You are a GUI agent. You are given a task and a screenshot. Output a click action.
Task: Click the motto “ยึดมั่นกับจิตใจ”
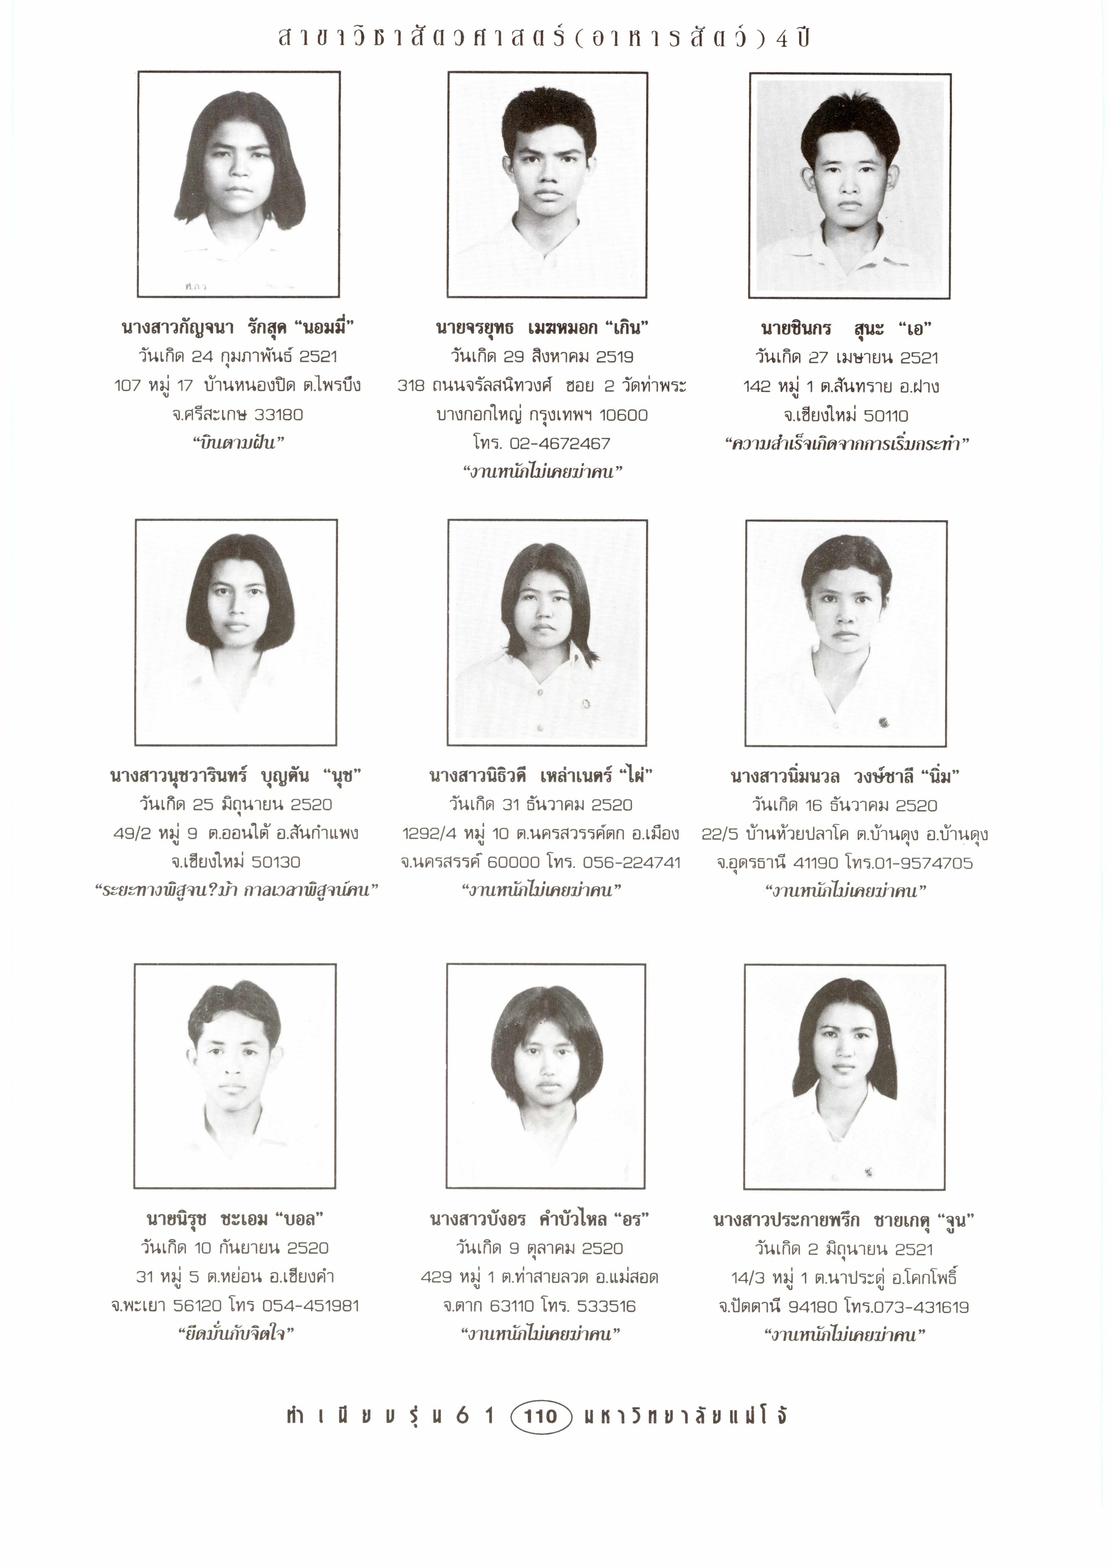coord(236,1334)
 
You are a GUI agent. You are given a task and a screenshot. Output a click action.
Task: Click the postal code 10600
coord(623,415)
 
